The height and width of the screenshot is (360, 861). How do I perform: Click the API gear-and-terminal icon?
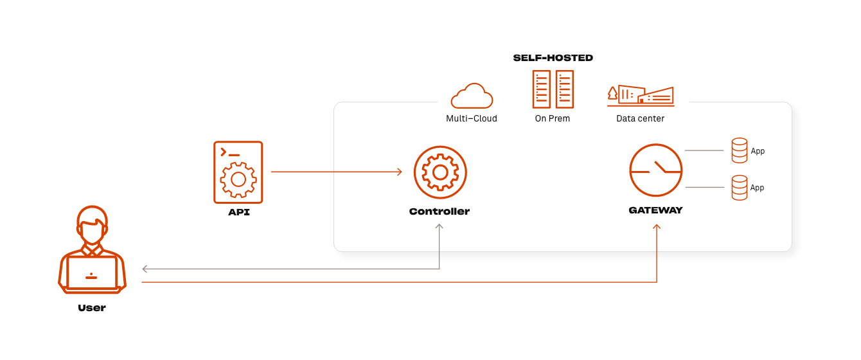point(238,172)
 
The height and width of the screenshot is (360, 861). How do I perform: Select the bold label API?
point(238,212)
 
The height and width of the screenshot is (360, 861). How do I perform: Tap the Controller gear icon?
point(440,172)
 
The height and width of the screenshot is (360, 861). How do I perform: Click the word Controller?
point(439,212)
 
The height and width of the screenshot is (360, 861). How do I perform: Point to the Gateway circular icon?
point(655,170)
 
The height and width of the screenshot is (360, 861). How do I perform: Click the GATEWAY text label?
point(655,210)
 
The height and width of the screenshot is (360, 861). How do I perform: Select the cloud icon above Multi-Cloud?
point(472,96)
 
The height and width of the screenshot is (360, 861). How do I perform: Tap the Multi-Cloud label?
point(472,118)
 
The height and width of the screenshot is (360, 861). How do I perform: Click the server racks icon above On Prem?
point(553,89)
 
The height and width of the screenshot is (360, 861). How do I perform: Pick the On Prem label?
point(553,118)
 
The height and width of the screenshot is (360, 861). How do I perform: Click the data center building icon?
point(641,95)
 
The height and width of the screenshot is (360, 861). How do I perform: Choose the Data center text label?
point(641,118)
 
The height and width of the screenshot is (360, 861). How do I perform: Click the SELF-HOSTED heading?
point(553,58)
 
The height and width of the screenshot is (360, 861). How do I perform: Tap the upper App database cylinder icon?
point(740,150)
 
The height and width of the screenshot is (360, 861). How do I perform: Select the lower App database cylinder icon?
point(740,187)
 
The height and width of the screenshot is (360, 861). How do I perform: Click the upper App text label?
point(758,151)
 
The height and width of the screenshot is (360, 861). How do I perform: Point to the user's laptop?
point(92,273)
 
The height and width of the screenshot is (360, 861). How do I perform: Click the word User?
point(92,308)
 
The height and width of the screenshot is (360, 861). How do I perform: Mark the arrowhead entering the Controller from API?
point(399,172)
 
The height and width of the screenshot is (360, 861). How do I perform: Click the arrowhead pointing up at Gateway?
point(657,227)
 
